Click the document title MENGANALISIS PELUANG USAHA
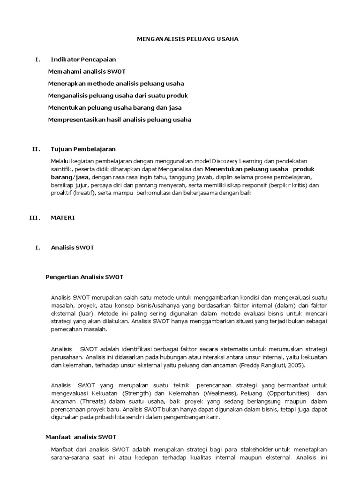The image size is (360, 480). [x=187, y=39]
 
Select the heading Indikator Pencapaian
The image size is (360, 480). [x=83, y=60]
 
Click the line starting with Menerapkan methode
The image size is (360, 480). [x=116, y=83]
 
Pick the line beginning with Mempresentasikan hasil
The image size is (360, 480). [x=120, y=120]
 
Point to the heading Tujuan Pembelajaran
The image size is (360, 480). [x=82, y=149]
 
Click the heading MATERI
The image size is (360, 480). [x=62, y=217]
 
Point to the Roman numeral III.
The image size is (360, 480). [x=35, y=217]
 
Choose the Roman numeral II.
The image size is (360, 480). [x=37, y=149]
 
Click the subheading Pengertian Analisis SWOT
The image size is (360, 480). [x=84, y=277]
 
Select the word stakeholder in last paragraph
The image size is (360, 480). [x=256, y=449]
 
